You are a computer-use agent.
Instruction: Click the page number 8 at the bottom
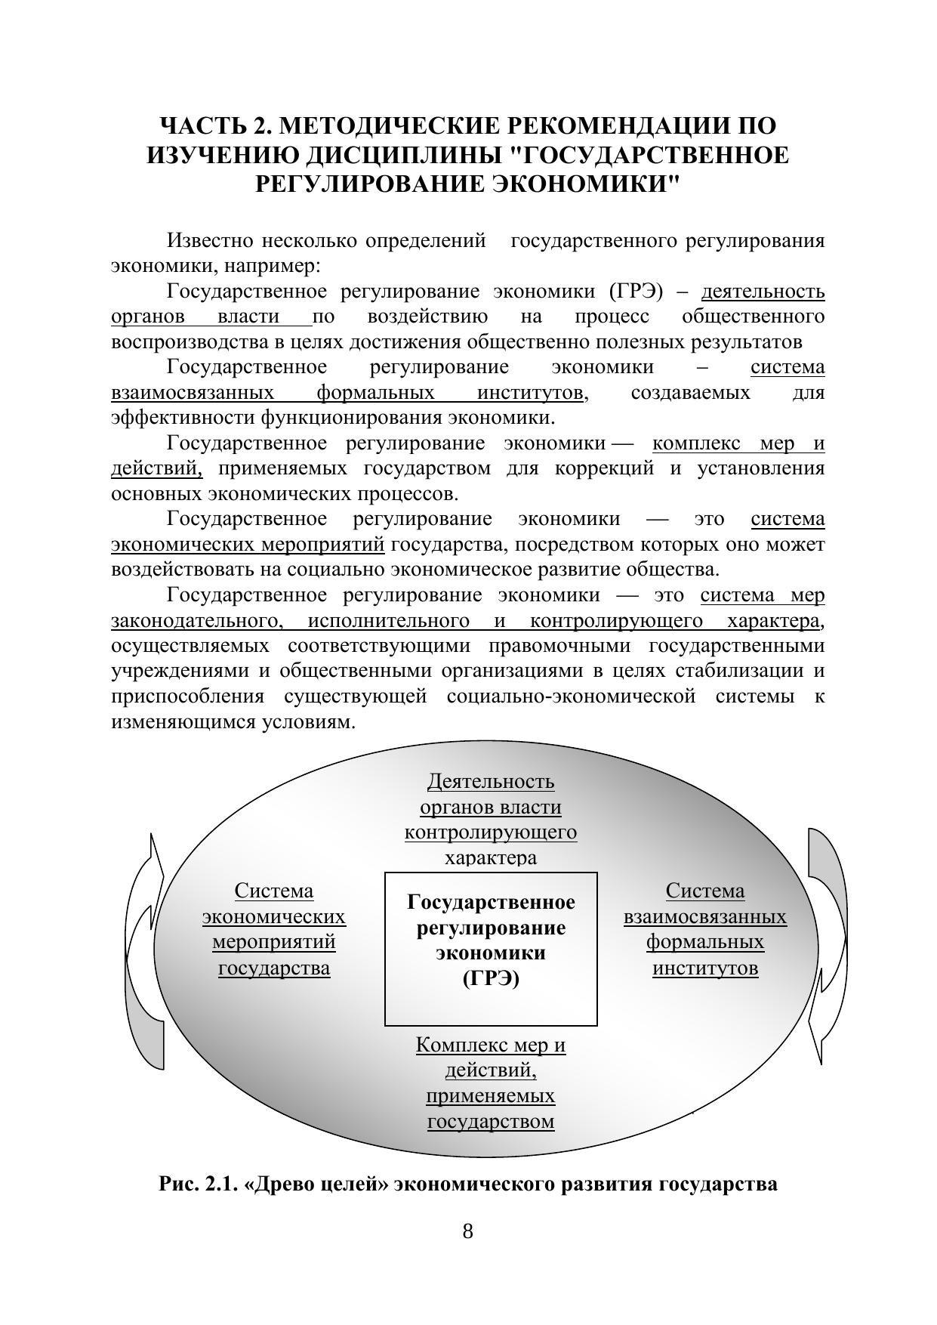(467, 1232)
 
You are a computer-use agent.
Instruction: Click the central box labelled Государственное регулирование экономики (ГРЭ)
(491, 948)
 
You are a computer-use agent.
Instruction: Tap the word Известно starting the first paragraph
(210, 241)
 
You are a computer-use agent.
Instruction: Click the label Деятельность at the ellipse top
(491, 781)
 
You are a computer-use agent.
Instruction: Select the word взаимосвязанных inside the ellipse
(705, 917)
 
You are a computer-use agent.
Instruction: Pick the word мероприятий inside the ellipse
(274, 943)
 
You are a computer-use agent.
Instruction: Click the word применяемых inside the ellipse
(491, 1095)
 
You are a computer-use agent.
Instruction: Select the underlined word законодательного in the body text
(192, 621)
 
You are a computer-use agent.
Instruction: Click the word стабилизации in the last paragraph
(729, 671)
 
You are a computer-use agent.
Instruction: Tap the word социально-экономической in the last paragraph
(571, 696)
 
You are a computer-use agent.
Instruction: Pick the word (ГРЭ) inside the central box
(491, 979)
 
